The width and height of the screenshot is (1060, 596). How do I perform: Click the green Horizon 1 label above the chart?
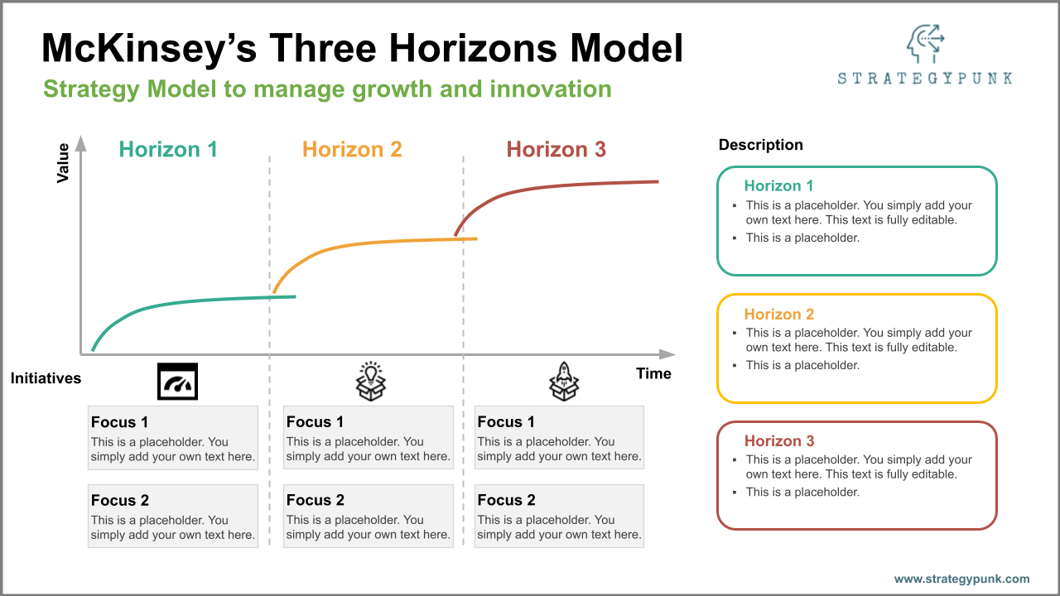(x=168, y=150)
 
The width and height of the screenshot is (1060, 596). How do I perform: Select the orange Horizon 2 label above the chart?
(x=352, y=150)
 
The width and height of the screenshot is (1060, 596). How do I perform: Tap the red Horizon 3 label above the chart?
(x=556, y=150)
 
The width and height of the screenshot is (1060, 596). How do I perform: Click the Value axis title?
(x=63, y=163)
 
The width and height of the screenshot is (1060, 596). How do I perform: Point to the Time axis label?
(x=653, y=373)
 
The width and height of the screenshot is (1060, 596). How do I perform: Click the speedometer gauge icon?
(x=178, y=382)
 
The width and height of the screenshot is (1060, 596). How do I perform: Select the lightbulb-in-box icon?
(x=371, y=382)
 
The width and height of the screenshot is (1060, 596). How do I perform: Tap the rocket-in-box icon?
(x=564, y=382)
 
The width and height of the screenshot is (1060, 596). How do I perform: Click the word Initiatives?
(x=46, y=378)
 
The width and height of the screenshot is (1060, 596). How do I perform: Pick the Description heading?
(x=760, y=145)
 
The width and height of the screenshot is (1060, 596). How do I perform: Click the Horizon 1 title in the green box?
(x=778, y=186)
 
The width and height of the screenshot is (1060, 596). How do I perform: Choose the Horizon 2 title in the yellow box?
(x=778, y=315)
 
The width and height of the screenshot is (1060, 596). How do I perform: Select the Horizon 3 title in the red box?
(x=778, y=441)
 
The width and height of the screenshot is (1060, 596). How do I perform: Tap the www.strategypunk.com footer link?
(x=961, y=579)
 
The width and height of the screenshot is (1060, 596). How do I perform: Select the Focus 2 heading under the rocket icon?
(x=506, y=500)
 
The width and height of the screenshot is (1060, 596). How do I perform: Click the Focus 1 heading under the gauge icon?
(x=120, y=422)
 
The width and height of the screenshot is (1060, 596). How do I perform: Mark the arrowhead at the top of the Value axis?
(x=81, y=143)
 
